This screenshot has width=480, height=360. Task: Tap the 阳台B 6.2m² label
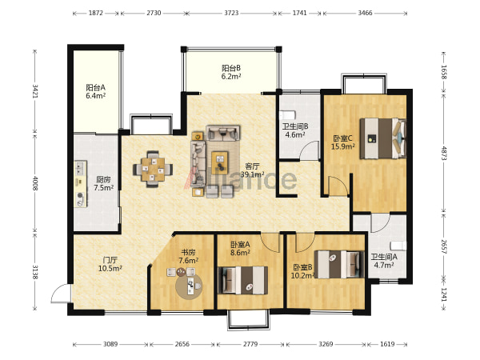coord(231,72)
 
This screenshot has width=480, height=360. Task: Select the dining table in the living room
coord(153,170)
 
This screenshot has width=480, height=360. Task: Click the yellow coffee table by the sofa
coord(219,161)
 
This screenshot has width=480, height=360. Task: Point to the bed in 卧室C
coord(383,138)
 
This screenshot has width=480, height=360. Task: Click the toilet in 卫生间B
coord(287,114)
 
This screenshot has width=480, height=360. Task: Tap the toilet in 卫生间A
coord(398,246)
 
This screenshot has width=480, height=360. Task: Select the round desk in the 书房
coord(189,286)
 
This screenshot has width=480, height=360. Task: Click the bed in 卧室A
coord(242,280)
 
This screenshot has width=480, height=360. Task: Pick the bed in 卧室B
coord(340,265)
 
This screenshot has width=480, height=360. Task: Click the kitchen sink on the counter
coord(80,168)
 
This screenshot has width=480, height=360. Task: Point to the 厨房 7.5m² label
coord(103,184)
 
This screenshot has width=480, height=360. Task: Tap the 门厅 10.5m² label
coord(110,265)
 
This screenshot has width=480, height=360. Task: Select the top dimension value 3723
coord(231,13)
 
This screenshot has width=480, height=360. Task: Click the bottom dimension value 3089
coord(110,344)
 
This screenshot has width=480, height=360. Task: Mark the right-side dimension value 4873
coord(444,153)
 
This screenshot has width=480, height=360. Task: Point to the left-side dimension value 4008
coord(35,182)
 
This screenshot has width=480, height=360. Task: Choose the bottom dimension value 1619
coord(387,344)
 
